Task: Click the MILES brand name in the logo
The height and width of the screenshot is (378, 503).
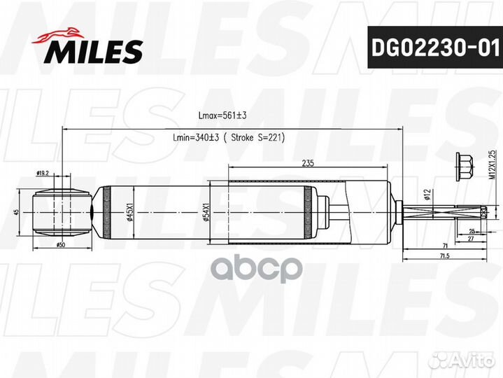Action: tap(95, 51)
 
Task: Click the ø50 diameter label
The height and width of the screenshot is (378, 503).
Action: tap(62, 245)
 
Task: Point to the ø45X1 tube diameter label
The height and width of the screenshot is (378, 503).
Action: tap(129, 213)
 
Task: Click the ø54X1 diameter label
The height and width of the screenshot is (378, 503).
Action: tap(207, 213)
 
